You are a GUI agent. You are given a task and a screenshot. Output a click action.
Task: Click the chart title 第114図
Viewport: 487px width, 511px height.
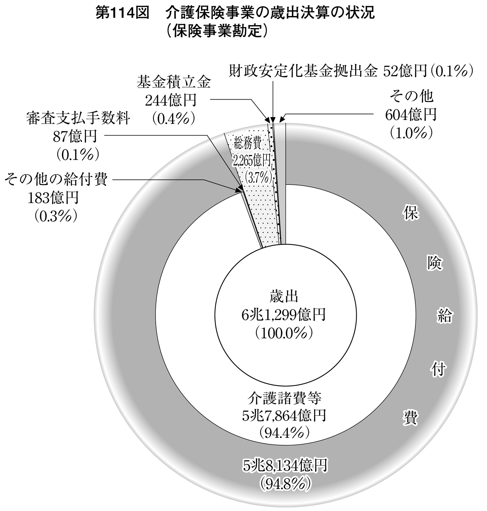[122, 13]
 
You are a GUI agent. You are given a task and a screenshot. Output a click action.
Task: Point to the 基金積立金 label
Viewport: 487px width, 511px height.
[174, 83]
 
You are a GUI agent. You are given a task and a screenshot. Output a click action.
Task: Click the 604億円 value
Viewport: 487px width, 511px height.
[411, 115]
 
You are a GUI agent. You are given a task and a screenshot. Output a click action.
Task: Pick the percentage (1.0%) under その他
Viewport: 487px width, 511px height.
[411, 133]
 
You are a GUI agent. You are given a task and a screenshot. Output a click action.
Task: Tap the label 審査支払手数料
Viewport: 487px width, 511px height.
[78, 119]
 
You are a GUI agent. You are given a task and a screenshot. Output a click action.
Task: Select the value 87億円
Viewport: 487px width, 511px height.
[75, 137]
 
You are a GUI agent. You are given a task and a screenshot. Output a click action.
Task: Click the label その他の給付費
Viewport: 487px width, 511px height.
[56, 180]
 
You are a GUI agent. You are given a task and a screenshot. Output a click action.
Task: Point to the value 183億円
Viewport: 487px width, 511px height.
[53, 198]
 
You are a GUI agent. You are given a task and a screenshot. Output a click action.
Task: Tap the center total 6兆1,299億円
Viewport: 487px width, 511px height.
[284, 316]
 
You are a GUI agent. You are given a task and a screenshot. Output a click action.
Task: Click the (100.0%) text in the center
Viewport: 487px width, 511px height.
[284, 334]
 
